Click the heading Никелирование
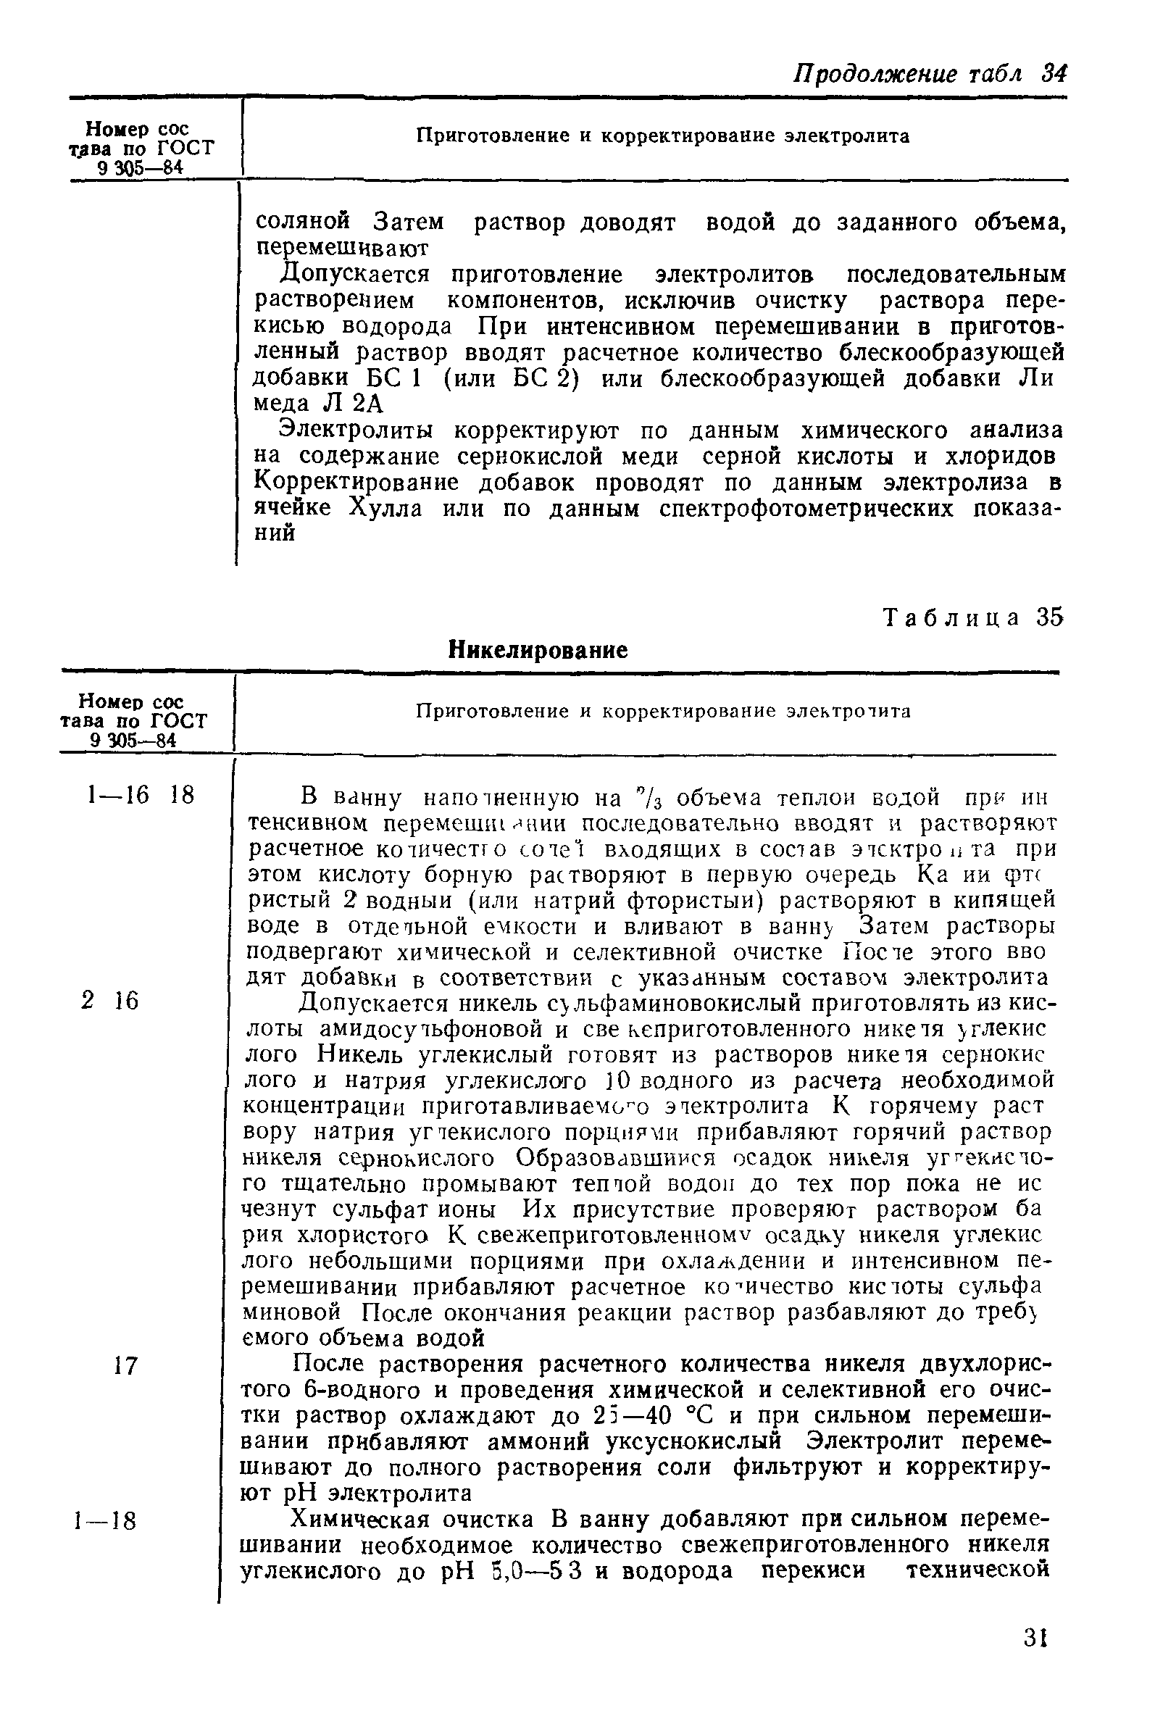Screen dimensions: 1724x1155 coord(538,649)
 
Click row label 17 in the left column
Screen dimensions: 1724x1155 coord(126,1367)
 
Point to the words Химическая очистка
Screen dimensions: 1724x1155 coord(413,1520)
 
